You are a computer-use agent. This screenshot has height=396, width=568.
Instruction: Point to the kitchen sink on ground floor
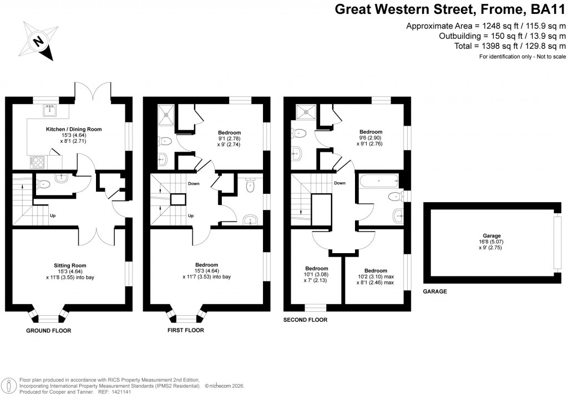coord(51,110)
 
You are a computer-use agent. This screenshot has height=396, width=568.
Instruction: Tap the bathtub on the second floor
coord(379,180)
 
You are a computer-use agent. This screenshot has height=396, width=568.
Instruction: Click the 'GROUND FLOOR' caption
coord(49,331)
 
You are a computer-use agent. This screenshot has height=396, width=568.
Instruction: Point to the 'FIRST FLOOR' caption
coord(186,331)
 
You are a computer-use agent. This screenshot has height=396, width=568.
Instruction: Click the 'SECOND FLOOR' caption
coord(305,320)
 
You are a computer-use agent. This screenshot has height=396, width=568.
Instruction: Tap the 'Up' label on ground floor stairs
coord(53,215)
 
